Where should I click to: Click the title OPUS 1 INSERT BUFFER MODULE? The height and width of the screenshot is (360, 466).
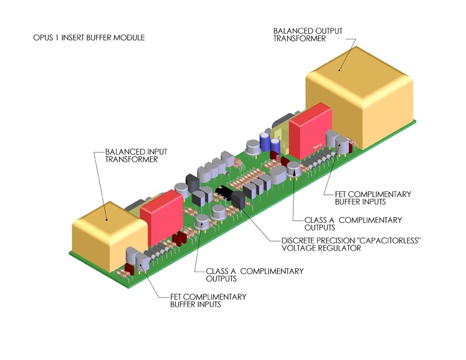point(89,38)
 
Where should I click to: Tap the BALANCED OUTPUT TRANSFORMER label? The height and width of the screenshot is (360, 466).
point(308,35)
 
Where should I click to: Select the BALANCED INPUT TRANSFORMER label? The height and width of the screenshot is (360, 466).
point(136,156)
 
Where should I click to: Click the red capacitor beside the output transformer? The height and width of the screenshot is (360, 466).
point(310,131)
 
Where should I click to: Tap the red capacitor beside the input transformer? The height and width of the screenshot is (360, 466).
point(161,218)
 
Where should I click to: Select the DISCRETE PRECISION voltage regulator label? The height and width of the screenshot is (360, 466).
point(351,244)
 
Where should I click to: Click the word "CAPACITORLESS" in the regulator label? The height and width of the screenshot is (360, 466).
point(384,241)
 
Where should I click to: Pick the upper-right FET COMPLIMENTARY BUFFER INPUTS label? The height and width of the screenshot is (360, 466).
point(373,198)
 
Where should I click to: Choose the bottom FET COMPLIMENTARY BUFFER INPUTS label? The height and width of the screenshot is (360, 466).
point(208,301)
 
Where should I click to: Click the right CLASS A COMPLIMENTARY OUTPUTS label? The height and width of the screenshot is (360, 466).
point(353,224)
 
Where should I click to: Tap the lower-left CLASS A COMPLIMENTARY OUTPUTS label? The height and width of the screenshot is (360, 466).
point(255,275)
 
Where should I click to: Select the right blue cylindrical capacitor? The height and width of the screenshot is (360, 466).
point(275,145)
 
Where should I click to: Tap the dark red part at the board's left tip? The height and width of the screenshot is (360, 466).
point(129,268)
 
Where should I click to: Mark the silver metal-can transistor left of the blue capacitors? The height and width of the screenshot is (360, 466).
point(253,148)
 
